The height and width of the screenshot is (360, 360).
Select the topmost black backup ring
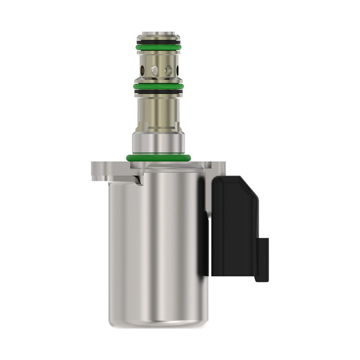point(158,42)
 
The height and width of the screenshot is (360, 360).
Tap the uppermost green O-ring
point(158,48)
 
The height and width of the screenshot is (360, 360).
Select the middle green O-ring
point(158,86)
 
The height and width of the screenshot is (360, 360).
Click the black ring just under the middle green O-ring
point(158,91)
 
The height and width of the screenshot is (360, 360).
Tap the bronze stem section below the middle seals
point(158,111)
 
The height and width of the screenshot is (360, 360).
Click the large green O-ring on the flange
point(158,158)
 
